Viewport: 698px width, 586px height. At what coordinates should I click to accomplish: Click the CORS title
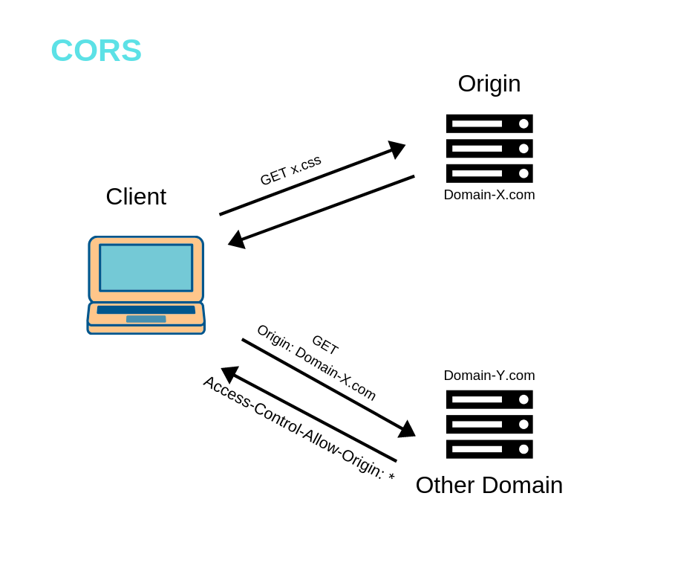point(96,51)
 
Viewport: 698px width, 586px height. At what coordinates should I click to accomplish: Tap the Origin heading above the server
point(489,83)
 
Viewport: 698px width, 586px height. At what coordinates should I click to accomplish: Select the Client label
point(136,196)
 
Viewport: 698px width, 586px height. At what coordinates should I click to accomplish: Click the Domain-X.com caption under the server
point(489,195)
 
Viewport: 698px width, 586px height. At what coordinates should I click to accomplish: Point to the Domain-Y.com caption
point(489,376)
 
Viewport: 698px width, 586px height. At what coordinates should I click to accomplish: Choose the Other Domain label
point(489,485)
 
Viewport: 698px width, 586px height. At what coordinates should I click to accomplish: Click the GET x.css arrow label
point(290,170)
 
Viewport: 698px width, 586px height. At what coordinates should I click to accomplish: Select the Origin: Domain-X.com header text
point(316,362)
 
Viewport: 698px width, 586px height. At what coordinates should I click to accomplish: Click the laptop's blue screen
point(146,268)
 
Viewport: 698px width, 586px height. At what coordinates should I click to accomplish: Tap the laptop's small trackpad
point(146,319)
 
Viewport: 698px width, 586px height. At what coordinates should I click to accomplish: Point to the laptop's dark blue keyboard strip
point(146,309)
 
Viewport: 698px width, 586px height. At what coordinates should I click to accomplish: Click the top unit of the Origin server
point(489,123)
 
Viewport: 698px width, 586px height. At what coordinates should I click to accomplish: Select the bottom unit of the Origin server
point(489,173)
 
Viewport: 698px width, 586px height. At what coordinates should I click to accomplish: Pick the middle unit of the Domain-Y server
point(489,424)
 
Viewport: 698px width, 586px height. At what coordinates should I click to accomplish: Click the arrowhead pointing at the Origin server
point(397,149)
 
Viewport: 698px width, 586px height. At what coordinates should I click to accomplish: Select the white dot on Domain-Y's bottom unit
point(523,449)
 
